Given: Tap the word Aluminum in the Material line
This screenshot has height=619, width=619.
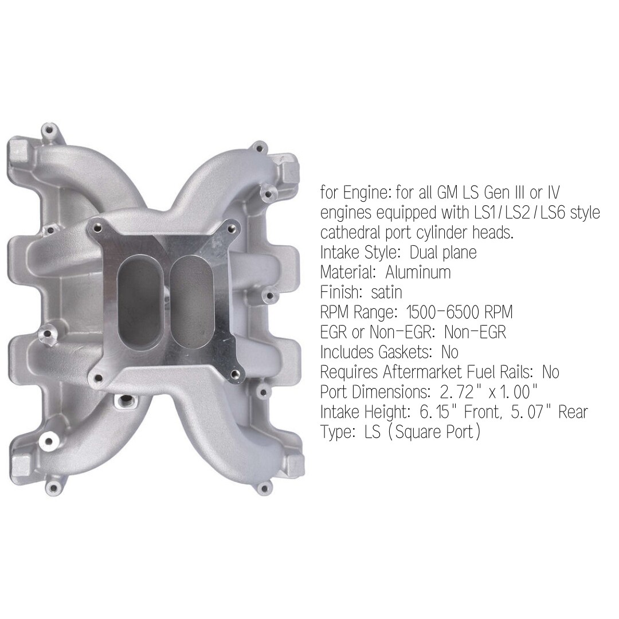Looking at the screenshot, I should click(x=418, y=272).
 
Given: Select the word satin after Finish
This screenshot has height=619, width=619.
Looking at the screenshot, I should click(x=386, y=292).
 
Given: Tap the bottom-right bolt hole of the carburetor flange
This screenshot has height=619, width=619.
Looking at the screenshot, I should click(x=234, y=374).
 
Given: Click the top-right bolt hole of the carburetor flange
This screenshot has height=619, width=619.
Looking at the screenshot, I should click(x=230, y=229).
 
